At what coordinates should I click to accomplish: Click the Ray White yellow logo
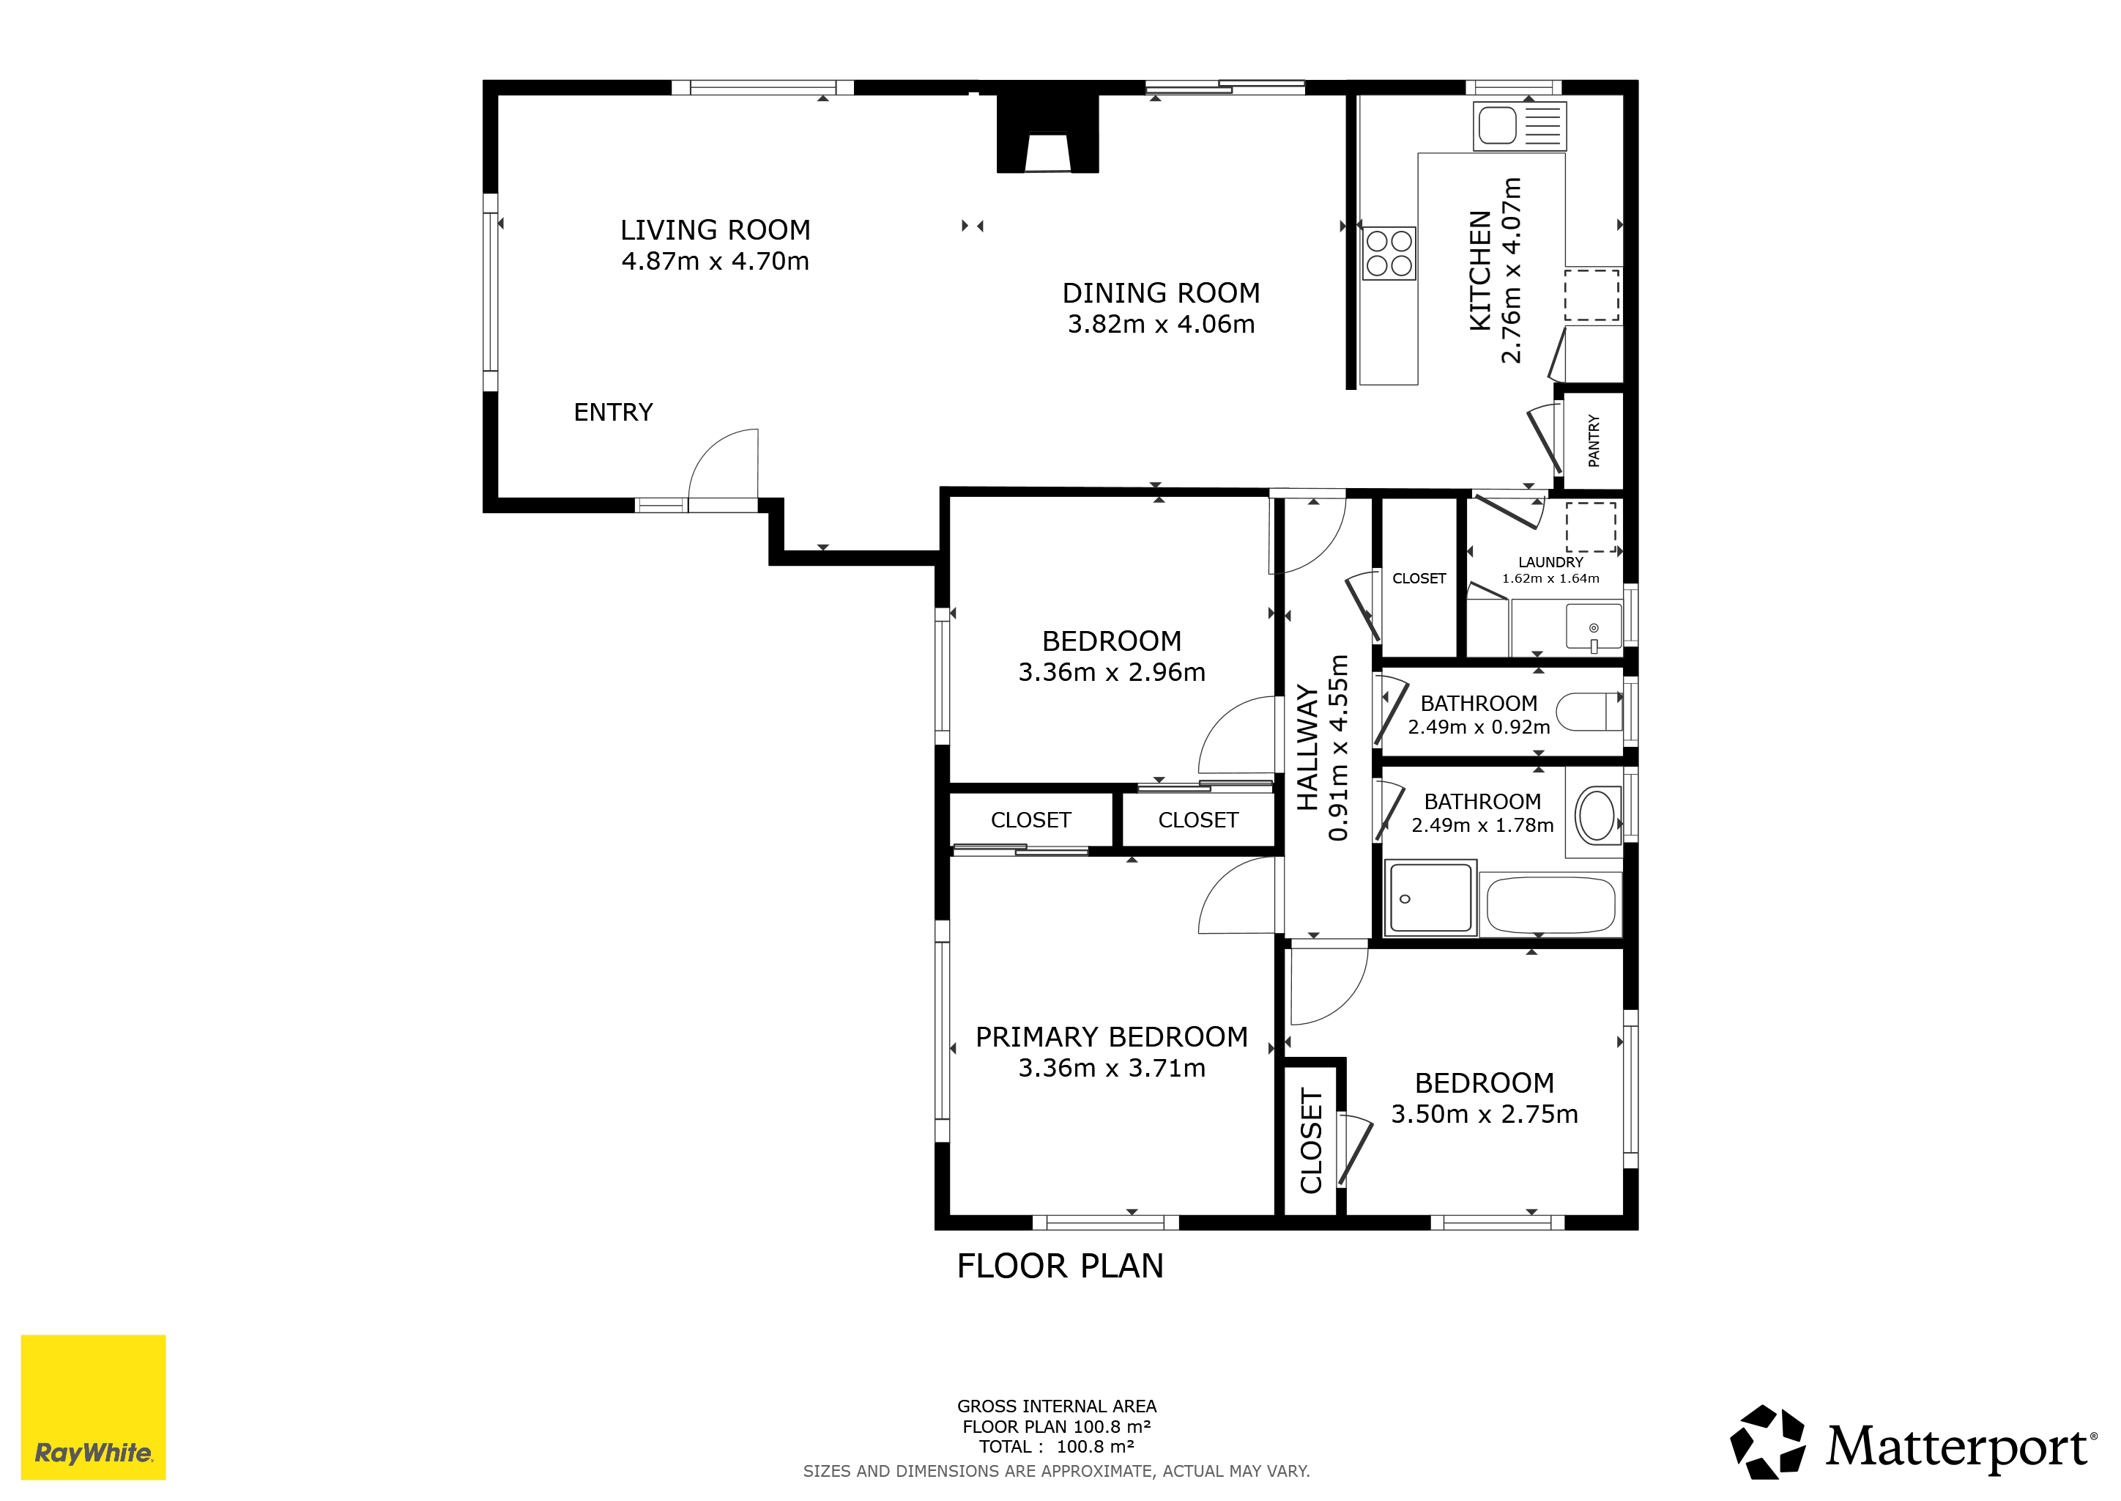pos(93,1406)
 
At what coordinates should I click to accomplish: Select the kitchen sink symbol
pos(1520,126)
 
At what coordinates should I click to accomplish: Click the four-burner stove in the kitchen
pos(1389,254)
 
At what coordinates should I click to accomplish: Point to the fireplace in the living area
pos(1047,134)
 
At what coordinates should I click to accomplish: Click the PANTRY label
pos(1594,441)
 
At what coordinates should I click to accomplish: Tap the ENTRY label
pos(614,412)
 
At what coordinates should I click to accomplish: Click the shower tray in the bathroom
pos(1430,898)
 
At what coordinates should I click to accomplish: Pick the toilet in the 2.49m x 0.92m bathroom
pos(1589,712)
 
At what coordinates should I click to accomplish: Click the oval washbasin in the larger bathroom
pos(1597,815)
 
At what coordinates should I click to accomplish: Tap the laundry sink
pos(1594,627)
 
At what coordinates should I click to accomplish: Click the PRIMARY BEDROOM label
pos(1111,1037)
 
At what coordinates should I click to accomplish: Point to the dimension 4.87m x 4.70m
pos(715,262)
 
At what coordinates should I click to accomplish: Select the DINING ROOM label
pos(1161,293)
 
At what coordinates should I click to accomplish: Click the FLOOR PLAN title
pos(1060,1266)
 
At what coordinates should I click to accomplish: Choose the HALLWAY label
pos(1307,748)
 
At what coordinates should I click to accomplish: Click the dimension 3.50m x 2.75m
pos(1485,1115)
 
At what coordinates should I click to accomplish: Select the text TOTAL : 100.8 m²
pos(1057,1447)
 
